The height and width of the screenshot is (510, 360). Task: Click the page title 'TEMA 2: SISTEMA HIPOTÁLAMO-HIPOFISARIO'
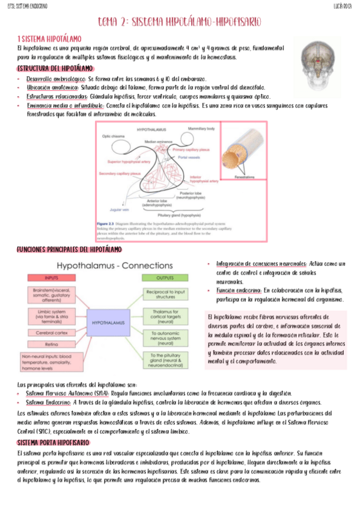(180, 22)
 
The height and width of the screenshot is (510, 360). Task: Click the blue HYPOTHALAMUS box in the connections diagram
(108, 322)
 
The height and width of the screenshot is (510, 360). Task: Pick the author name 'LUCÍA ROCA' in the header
(343, 5)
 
